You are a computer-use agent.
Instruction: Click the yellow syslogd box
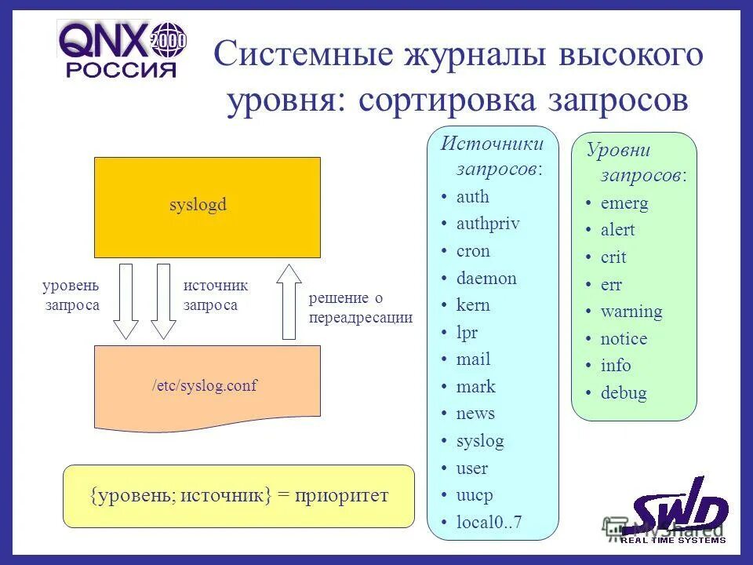point(207,207)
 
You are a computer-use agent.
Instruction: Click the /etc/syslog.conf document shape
point(207,385)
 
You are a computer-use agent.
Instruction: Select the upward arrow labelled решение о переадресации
point(289,302)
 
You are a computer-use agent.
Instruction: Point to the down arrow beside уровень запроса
point(126,302)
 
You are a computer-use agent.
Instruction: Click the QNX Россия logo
point(122,49)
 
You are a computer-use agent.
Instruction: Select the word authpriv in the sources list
point(488,224)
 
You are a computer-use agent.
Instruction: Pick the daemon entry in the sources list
point(486,278)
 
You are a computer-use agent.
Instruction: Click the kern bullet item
point(473,305)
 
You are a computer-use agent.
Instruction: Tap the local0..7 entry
point(489,523)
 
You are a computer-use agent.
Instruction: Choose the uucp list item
point(475,495)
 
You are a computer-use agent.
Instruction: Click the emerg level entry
point(624,203)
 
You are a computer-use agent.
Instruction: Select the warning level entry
point(631,312)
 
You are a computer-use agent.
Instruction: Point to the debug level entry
point(624,393)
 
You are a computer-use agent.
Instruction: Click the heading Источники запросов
point(493,155)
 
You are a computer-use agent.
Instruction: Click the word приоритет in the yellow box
point(342,495)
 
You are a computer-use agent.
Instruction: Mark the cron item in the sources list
point(473,251)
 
